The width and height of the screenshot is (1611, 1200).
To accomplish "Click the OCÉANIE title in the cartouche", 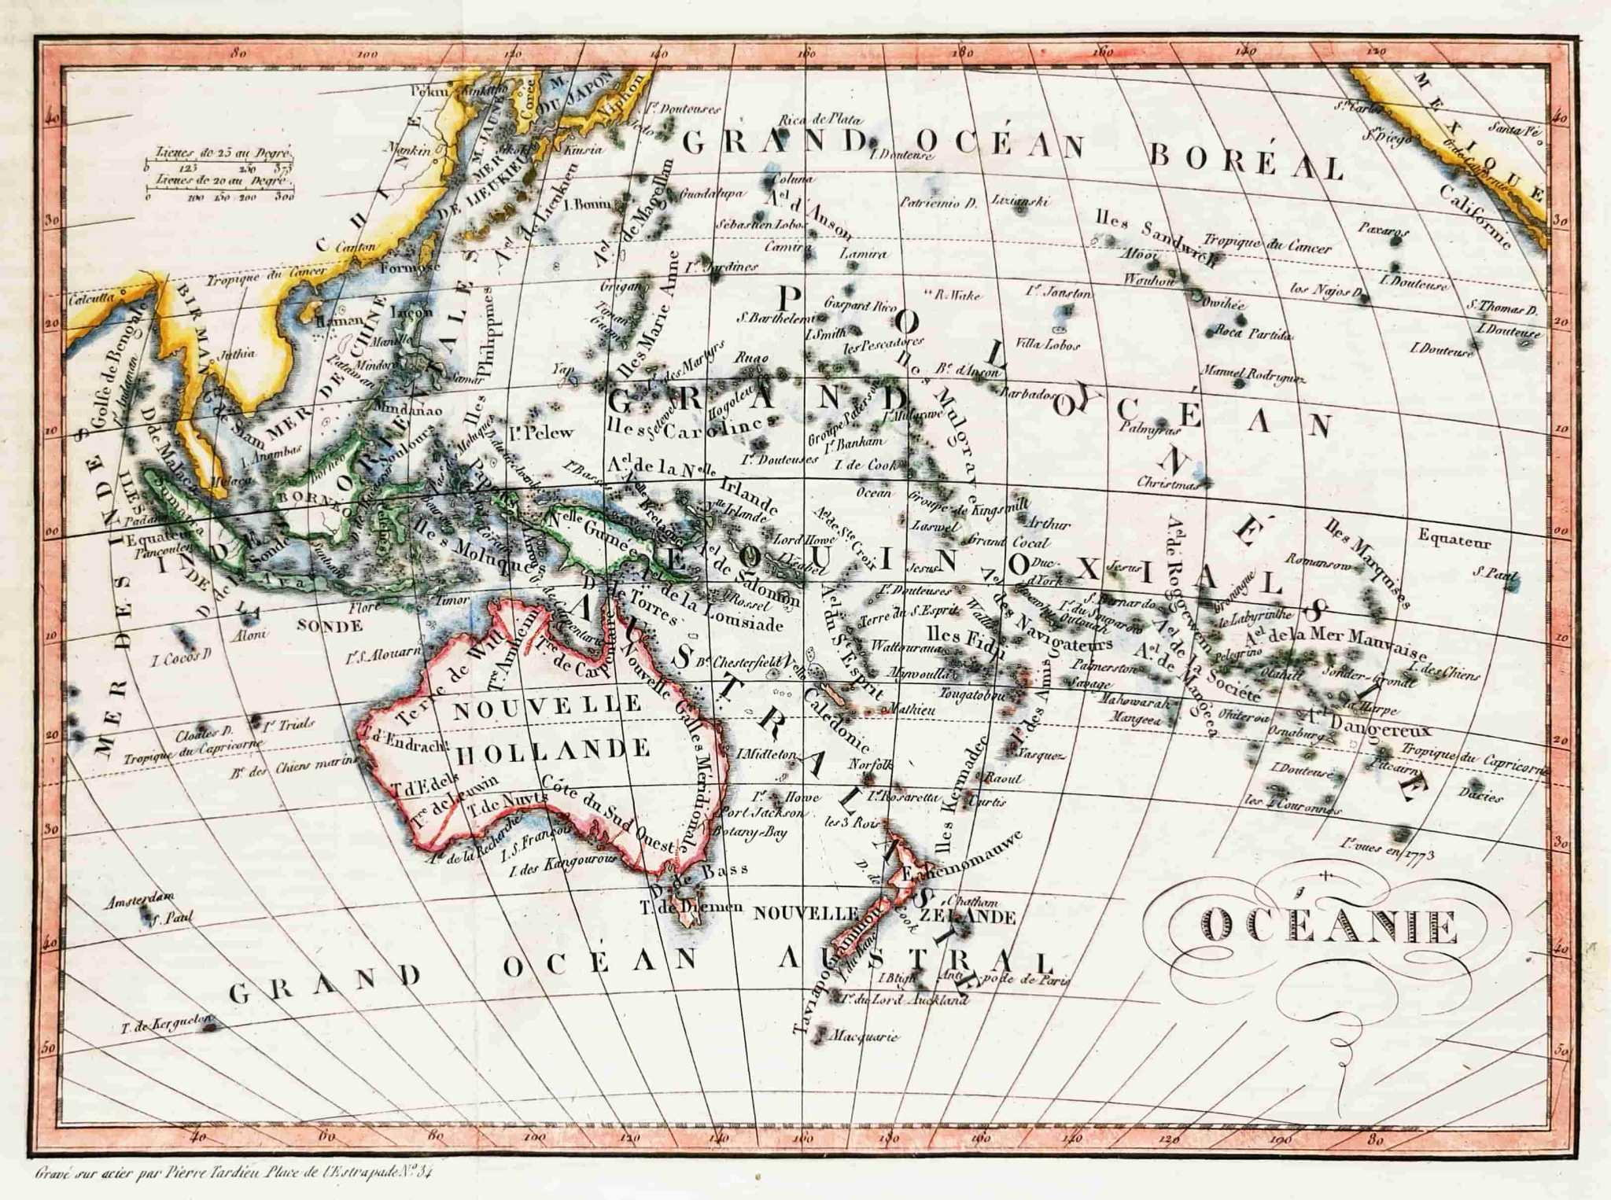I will click(x=1329, y=926).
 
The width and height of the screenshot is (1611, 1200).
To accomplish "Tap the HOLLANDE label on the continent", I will click(x=553, y=749).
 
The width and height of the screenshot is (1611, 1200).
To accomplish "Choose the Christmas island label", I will click(x=1168, y=484).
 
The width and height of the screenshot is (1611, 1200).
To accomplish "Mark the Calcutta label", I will click(x=92, y=299).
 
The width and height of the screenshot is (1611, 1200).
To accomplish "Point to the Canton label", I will click(x=355, y=247).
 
